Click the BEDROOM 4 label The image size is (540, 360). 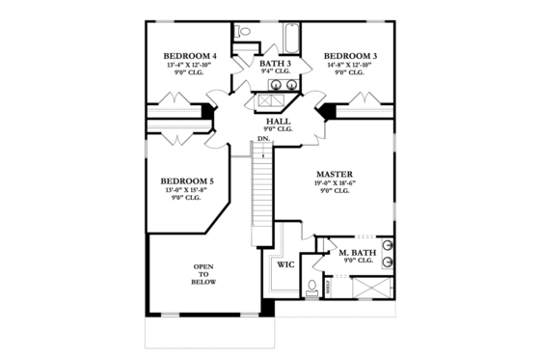click(x=189, y=56)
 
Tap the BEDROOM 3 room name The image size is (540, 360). click(x=350, y=56)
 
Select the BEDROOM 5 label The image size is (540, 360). click(x=187, y=180)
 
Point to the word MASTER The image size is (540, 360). click(x=332, y=175)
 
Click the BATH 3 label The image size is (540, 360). click(x=275, y=63)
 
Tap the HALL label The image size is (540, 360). click(x=278, y=121)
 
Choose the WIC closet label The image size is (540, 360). click(x=285, y=263)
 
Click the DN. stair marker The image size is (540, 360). click(x=263, y=140)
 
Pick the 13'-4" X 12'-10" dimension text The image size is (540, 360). click(x=189, y=65)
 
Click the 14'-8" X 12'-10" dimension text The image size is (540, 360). click(x=350, y=65)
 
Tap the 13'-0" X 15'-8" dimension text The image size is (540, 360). click(x=187, y=189)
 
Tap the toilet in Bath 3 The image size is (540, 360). click(x=244, y=33)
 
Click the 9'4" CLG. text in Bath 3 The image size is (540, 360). click(x=275, y=71)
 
